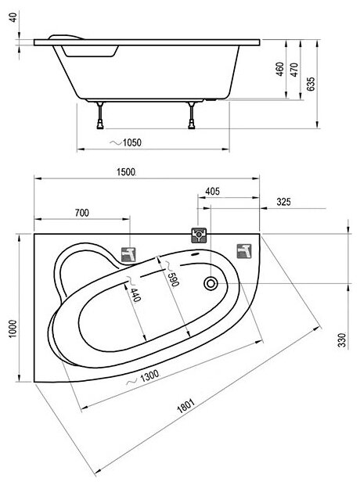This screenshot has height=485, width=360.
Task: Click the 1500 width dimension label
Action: coord(126,172)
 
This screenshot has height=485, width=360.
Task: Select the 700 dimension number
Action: coord(81,213)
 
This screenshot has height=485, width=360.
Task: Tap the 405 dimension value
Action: coord(213,192)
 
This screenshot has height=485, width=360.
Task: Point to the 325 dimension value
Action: coord(283,202)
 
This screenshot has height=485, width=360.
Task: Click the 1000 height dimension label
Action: coord(13,329)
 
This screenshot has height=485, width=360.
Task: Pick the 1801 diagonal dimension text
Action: coord(185,406)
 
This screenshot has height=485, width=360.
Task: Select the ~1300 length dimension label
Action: coord(143,378)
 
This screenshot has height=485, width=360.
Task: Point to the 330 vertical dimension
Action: coord(342,340)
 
